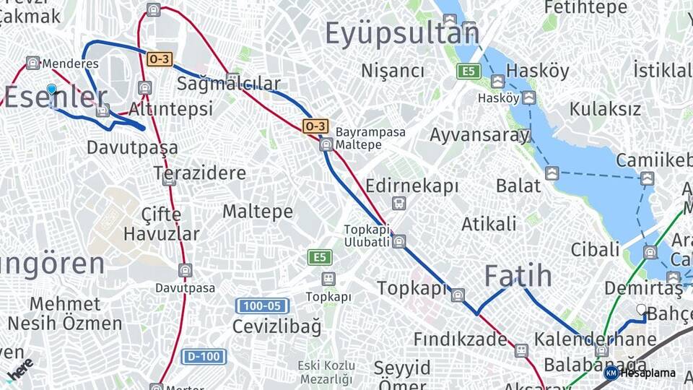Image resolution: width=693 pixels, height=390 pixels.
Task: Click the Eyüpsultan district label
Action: [402, 34]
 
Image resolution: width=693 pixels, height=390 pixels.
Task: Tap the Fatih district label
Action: [518, 276]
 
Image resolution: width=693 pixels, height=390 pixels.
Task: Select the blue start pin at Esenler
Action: [51, 90]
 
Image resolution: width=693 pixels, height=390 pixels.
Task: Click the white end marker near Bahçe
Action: [641, 309]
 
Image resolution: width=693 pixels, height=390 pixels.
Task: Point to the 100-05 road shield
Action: [262, 306]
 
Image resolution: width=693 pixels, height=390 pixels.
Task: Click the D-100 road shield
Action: [204, 356]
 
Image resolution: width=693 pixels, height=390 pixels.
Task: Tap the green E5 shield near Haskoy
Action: [468, 71]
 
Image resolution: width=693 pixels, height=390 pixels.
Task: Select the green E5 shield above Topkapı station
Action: [318, 256]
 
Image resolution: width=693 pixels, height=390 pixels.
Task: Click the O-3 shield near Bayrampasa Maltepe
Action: [315, 126]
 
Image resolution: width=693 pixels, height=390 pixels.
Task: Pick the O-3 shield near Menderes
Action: [159, 59]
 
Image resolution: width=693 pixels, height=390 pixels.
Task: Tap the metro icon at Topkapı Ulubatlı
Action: [399, 241]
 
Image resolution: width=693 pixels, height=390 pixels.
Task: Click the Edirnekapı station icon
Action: [398, 203]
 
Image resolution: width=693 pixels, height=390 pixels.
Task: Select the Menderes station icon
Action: [32, 63]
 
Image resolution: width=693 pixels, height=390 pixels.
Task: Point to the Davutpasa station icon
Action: [186, 271]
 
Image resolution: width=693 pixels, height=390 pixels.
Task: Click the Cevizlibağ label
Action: [276, 326]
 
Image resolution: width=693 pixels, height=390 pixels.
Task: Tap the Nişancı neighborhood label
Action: [393, 71]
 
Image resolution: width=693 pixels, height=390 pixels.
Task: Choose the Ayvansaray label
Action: [479, 135]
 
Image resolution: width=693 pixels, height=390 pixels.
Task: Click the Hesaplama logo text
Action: [647, 373]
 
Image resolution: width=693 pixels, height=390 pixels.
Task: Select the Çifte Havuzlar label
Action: [162, 224]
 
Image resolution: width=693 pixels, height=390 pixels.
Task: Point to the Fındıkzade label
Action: [460, 339]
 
